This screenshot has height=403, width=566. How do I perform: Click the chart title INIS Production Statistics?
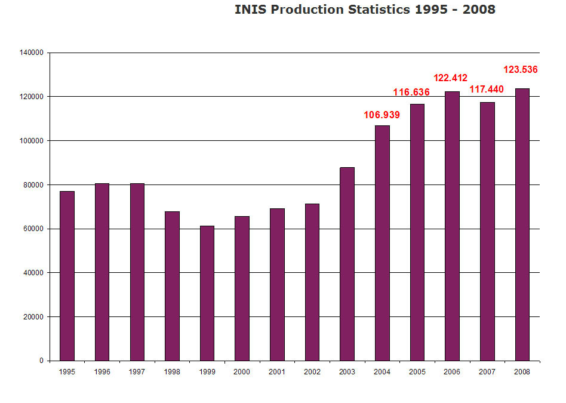365,10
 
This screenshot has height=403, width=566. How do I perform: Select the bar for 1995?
67,276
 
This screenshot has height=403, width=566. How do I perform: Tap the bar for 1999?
207,293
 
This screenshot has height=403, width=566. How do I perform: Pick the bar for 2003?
347,264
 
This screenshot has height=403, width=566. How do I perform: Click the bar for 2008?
522,224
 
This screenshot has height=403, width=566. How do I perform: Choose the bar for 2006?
452,226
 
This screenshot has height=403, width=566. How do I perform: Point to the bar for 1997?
137,272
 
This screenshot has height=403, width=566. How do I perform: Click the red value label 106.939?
382,115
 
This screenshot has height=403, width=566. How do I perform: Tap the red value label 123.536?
521,69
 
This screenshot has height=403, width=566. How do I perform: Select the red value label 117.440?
487,90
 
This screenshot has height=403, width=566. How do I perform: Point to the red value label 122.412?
450,78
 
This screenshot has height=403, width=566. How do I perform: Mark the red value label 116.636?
411,93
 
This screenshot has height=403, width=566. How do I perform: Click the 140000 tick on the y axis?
31,53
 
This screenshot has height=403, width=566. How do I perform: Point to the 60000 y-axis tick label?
33,229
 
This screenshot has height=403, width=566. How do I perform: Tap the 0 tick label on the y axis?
41,361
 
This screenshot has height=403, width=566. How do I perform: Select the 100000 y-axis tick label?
31,141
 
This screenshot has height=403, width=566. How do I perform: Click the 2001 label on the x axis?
277,372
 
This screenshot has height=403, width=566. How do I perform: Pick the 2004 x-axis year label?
382,372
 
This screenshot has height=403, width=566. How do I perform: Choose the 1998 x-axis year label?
172,372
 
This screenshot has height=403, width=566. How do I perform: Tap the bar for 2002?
312,282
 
